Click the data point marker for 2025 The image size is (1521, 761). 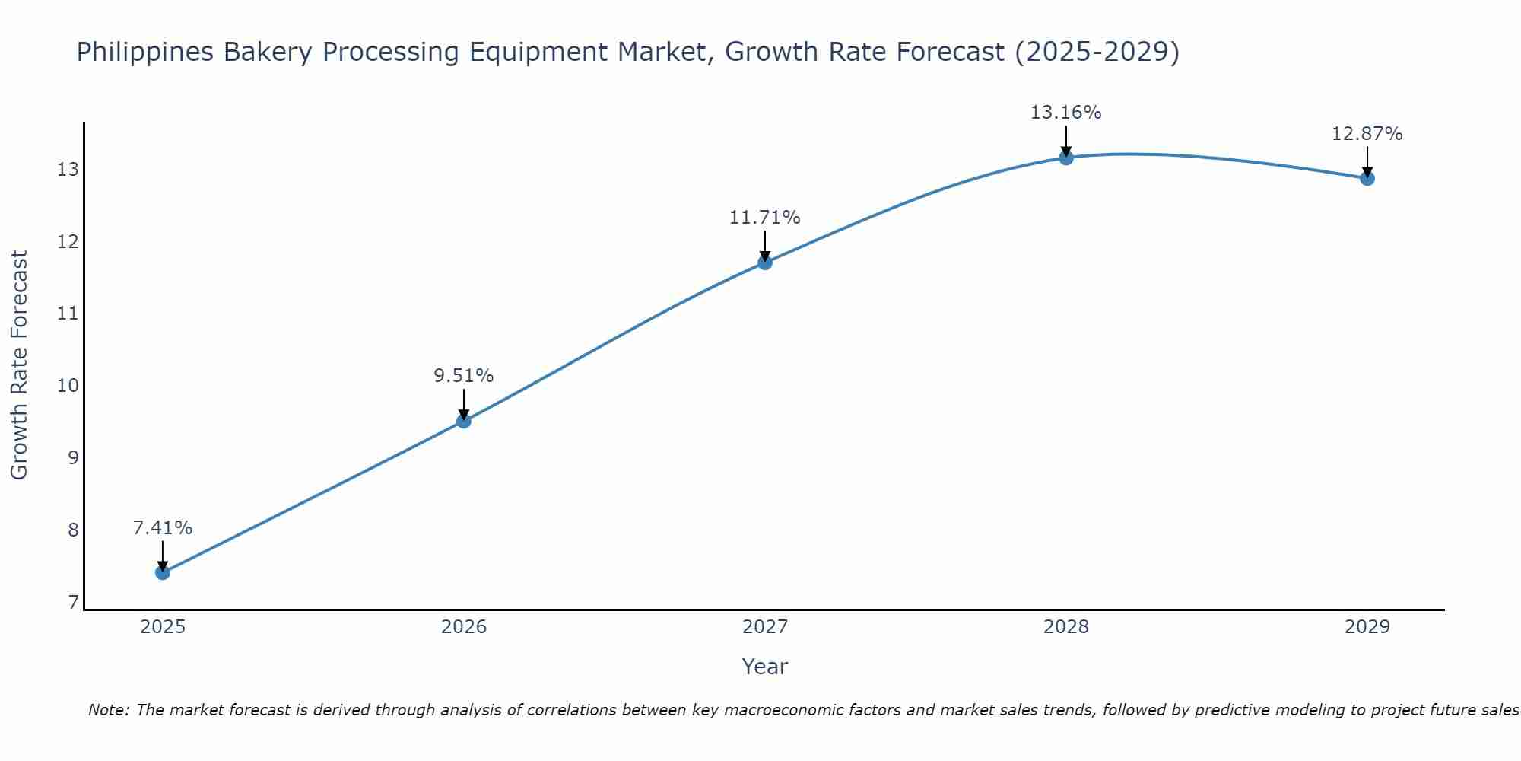[x=162, y=572]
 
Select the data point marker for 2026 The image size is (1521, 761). [x=463, y=421]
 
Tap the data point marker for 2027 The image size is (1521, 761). [x=764, y=263]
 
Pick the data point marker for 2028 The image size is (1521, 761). [x=1065, y=158]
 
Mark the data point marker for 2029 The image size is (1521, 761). [x=1367, y=179]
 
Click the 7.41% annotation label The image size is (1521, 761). [x=162, y=527]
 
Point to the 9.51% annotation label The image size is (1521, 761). [x=463, y=375]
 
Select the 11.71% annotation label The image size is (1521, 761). [x=764, y=218]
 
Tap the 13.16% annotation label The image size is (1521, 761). [x=1065, y=113]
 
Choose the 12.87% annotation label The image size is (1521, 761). [x=1367, y=134]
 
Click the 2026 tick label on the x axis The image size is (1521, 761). [x=464, y=627]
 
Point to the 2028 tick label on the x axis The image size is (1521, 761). [x=1066, y=627]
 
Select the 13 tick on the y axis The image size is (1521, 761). [x=68, y=169]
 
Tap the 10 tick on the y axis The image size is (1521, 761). [x=68, y=385]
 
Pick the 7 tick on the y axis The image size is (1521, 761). [x=73, y=603]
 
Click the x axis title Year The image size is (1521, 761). [x=764, y=667]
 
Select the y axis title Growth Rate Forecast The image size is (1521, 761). [x=20, y=365]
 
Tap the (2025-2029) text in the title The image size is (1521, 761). [x=1097, y=53]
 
